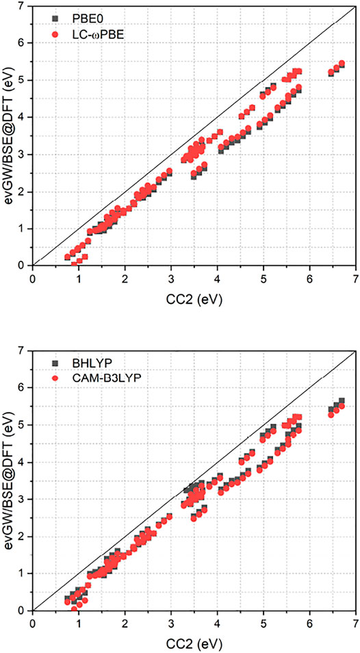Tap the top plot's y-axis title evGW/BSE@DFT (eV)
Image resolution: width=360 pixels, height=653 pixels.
[9, 136]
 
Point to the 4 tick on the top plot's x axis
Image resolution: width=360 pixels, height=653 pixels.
[217, 279]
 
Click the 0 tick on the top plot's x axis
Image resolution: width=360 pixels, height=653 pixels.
[33, 279]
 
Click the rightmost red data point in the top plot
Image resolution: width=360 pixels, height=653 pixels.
[342, 64]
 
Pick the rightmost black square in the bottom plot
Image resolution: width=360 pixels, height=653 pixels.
[342, 401]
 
